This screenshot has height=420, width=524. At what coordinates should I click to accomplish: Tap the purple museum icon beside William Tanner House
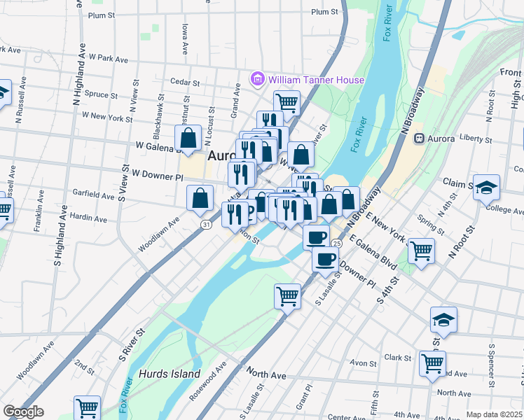click(257, 80)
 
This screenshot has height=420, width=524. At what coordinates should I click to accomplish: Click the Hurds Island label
click(170, 374)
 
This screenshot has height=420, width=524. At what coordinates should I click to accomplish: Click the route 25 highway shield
click(337, 243)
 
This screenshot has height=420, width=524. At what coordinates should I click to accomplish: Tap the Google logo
click(23, 412)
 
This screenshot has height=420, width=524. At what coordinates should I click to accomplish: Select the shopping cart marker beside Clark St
click(432, 363)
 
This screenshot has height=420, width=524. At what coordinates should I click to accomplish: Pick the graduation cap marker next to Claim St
click(486, 187)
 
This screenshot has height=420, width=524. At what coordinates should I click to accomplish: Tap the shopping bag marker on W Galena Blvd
click(188, 137)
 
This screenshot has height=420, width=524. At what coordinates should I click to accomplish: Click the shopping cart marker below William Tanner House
click(287, 102)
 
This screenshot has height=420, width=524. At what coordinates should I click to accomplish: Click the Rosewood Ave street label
click(210, 381)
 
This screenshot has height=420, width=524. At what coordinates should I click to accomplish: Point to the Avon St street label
click(364, 363)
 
